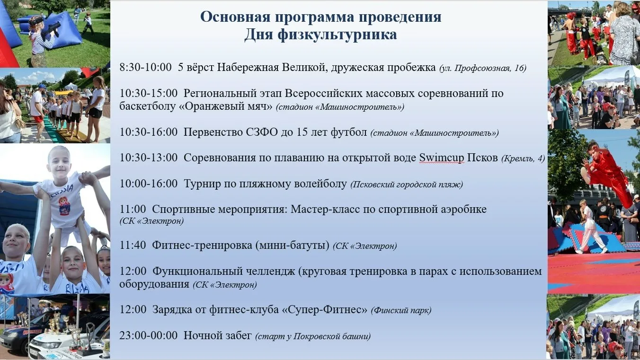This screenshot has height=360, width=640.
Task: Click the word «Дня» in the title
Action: [x=258, y=35]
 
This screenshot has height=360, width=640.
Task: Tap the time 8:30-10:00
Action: [x=145, y=67]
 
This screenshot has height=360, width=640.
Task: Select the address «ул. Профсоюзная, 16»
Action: [x=483, y=68]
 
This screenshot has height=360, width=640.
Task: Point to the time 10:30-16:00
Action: [x=148, y=132]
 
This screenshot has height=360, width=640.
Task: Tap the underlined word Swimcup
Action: [x=442, y=158]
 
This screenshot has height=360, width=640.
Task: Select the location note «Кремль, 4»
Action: [x=523, y=158]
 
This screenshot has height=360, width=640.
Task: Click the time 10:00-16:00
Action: [x=148, y=184]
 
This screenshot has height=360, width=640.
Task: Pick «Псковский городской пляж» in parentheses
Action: [x=407, y=184]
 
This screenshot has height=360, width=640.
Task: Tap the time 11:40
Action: [x=133, y=245]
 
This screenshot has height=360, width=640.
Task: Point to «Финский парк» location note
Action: [x=401, y=310]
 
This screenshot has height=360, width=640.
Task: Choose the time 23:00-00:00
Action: [x=148, y=335]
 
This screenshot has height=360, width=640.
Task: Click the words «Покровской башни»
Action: [x=332, y=336]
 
